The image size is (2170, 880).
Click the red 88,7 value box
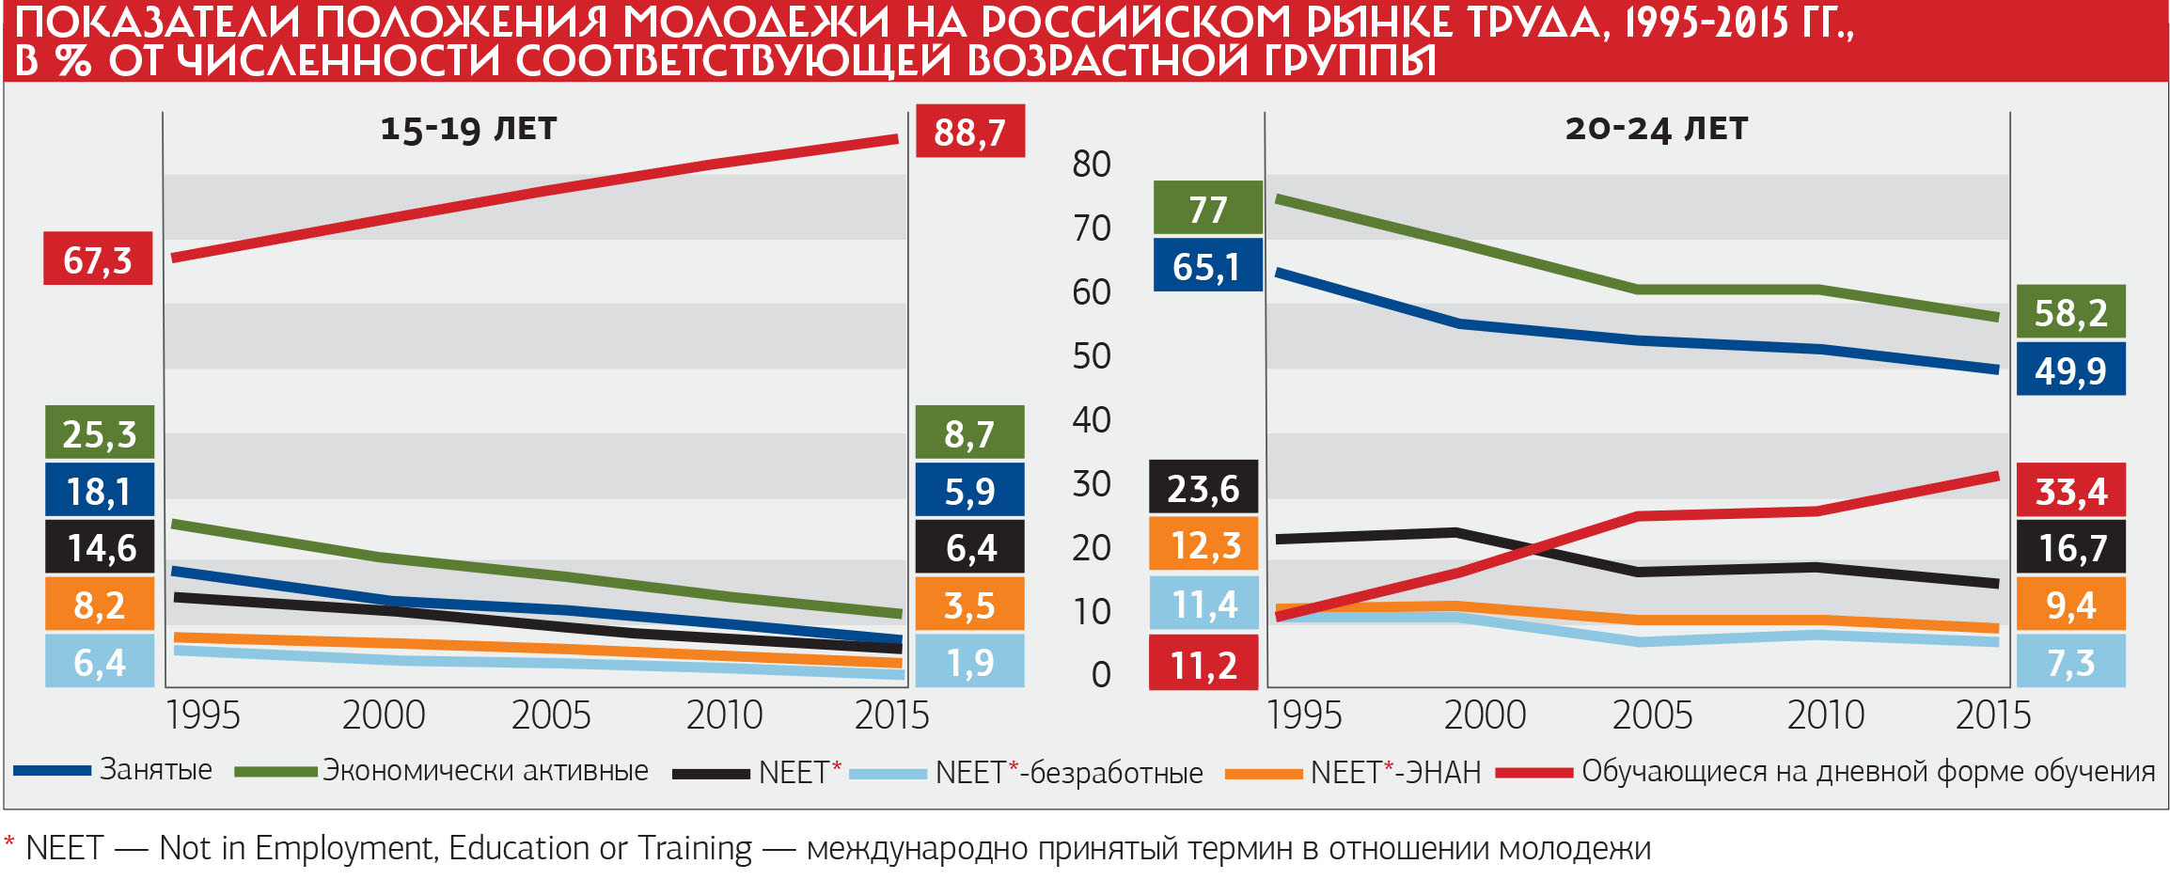pyautogui.click(x=969, y=132)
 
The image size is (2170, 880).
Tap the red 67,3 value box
pyautogui.click(x=98, y=259)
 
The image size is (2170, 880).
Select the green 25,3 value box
pyautogui.click(x=100, y=433)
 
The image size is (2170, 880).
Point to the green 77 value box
pyautogui.click(x=1207, y=209)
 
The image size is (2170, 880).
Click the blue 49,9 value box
pyautogui.click(x=2070, y=369)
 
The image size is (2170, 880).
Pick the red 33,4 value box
pyautogui.click(x=2070, y=491)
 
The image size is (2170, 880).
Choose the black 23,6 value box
pyautogui.click(x=1203, y=488)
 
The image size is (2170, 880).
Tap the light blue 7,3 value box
pyautogui.click(x=2070, y=662)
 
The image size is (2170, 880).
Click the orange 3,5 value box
pyautogui.click(x=969, y=605)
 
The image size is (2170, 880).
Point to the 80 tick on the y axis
pyautogui.click(x=1092, y=165)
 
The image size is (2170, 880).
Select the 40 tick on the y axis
pyautogui.click(x=1092, y=420)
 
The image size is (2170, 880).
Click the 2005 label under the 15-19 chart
pyautogui.click(x=551, y=715)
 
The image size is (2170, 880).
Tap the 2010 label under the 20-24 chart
pyautogui.click(x=1825, y=715)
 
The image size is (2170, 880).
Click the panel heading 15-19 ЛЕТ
pyautogui.click(x=468, y=129)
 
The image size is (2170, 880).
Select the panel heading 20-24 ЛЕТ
pyautogui.click(x=1656, y=129)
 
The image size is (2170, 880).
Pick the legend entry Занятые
pyautogui.click(x=156, y=770)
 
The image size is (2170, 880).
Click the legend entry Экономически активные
pyautogui.click(x=485, y=771)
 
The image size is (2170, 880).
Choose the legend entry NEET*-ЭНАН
pyautogui.click(x=1395, y=772)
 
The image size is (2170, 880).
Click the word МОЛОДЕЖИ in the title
pyautogui.click(x=756, y=23)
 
